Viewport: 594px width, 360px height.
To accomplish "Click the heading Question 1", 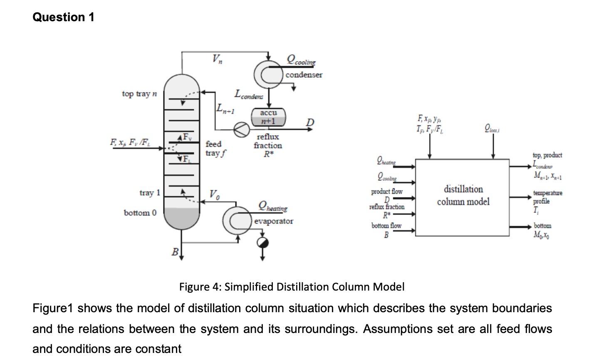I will [63, 17].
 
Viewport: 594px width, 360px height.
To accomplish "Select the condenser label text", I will [304, 75].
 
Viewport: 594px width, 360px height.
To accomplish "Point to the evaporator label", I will [273, 221].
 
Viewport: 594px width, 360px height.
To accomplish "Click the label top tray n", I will [139, 94].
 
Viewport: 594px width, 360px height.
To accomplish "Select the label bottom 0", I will [140, 213].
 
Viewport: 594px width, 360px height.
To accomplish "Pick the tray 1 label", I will [149, 193].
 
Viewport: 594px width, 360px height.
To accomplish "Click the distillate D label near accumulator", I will [309, 122].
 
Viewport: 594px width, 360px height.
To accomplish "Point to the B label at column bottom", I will [175, 252].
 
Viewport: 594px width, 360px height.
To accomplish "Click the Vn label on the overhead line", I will [217, 60].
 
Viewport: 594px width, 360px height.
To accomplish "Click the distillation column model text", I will [463, 195].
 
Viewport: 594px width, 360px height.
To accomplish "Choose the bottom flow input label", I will [386, 226].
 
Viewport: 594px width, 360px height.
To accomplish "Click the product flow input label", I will [386, 192].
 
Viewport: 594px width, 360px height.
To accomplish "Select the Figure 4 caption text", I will [292, 287].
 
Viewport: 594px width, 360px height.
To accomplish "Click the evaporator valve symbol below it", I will [262, 243].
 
